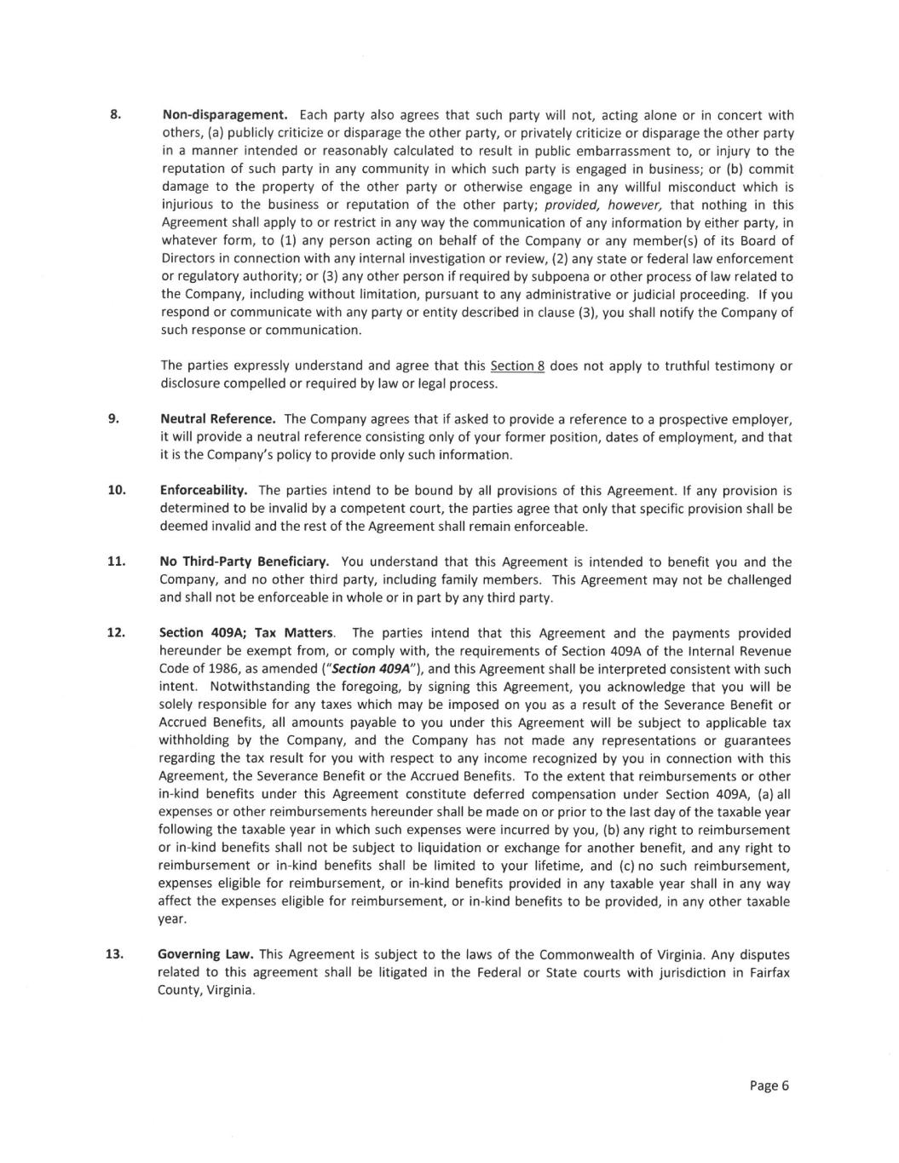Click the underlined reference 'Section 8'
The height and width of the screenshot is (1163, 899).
click(x=517, y=366)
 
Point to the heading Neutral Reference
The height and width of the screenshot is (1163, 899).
click(x=218, y=419)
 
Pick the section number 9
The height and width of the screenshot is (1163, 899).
click(x=112, y=418)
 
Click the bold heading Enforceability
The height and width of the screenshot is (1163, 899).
click(x=204, y=490)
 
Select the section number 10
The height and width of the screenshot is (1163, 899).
click(x=116, y=490)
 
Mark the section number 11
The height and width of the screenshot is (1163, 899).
click(x=116, y=561)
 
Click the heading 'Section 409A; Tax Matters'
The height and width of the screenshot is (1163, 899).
click(x=247, y=633)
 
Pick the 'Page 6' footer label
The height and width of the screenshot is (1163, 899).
click(x=769, y=1085)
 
